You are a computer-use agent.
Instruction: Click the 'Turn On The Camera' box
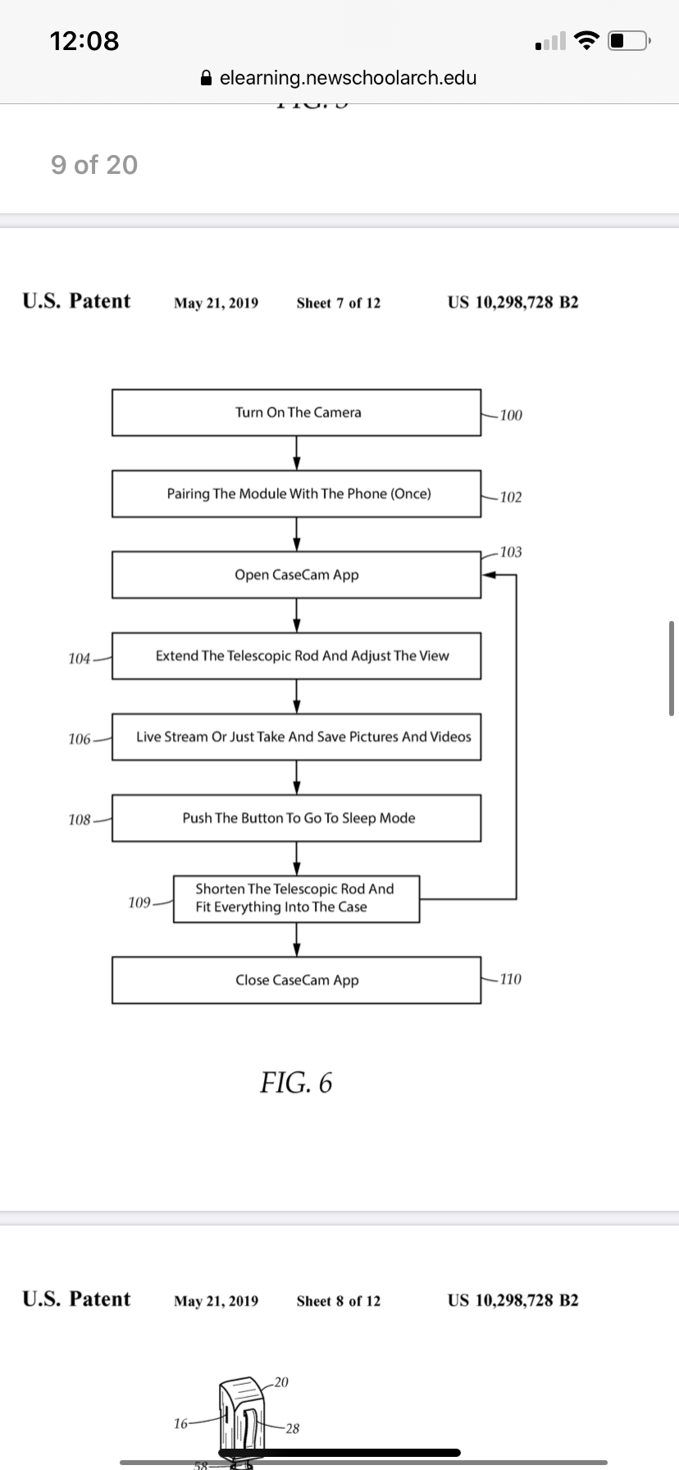point(296,413)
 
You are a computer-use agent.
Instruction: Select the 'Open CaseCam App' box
point(296,575)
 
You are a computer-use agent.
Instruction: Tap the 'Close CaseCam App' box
point(296,980)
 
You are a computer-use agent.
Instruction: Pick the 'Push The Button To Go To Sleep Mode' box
point(296,818)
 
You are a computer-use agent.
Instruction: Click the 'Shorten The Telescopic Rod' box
point(296,899)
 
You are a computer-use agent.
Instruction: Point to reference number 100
point(510,415)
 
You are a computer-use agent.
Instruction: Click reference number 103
point(510,552)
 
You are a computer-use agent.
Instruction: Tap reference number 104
point(79,659)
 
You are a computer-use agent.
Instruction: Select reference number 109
point(139,902)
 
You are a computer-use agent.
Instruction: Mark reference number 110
point(510,979)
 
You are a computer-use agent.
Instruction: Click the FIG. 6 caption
point(296,1083)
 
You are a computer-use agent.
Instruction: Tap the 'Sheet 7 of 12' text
point(339,303)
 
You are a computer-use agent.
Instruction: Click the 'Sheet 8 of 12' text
point(339,1301)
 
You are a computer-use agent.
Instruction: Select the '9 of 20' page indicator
point(94,165)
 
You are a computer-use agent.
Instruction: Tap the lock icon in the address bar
point(207,78)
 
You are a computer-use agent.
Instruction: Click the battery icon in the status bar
point(629,40)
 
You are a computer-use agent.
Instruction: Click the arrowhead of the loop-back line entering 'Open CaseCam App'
point(487,575)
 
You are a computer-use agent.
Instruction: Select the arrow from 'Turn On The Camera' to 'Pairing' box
point(297,453)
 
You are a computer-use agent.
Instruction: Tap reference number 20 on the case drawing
point(281,1382)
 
